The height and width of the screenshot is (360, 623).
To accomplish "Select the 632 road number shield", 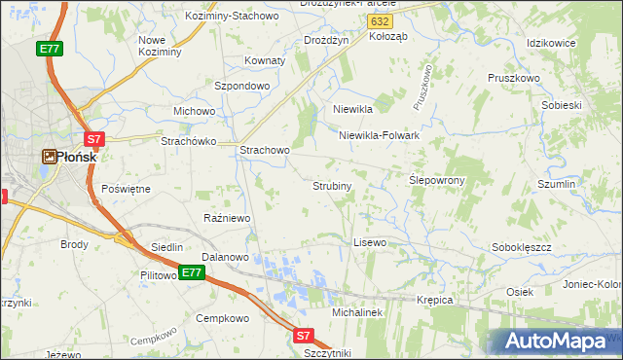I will (382, 19).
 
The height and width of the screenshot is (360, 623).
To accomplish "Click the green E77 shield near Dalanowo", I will (192, 272).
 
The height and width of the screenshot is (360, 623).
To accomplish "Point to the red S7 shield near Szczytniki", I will (304, 336).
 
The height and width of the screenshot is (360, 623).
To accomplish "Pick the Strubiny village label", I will (332, 185).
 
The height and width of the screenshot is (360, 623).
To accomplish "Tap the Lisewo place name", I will (370, 241).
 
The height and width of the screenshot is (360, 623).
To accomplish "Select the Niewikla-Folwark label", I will (379, 136).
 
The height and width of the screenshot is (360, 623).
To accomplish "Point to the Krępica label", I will (435, 300).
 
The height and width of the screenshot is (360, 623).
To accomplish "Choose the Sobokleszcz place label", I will (522, 247).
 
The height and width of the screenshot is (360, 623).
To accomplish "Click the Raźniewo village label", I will (227, 218).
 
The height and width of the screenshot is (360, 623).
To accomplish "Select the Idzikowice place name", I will (551, 44).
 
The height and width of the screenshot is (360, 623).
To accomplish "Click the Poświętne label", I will (126, 189).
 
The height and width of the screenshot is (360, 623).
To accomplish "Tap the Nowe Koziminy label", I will (161, 45).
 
